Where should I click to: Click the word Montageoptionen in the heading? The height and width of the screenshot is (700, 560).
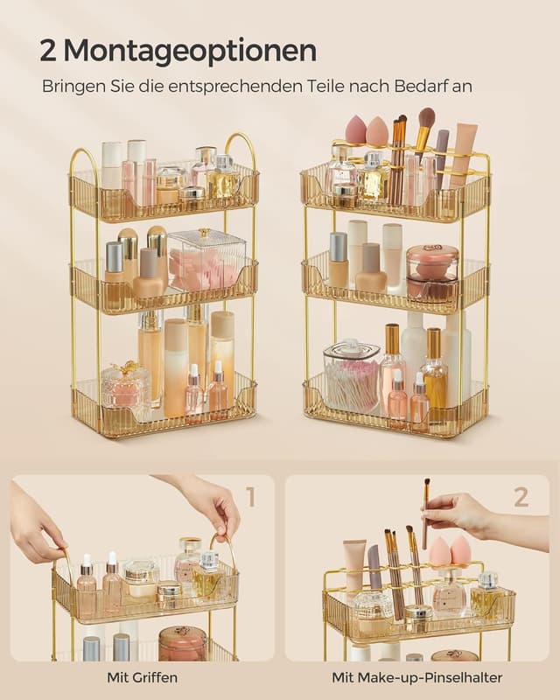(x=190, y=51)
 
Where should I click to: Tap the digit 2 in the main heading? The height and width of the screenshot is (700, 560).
(x=49, y=51)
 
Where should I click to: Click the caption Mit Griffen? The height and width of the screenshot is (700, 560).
(x=143, y=676)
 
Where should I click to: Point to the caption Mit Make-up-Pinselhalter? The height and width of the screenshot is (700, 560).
(x=418, y=676)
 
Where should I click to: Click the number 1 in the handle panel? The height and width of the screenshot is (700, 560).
(x=250, y=498)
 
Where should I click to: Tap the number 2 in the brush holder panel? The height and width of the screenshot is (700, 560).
(x=521, y=498)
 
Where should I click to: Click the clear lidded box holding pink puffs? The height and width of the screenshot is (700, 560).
(x=206, y=260)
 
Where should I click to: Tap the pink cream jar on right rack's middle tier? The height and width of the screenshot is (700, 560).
(x=432, y=272)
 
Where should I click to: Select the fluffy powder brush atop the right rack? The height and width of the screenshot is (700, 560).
(x=425, y=120)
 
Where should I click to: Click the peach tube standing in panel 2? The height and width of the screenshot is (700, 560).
(x=354, y=567)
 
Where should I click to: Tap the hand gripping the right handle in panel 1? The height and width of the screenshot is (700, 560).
(x=206, y=502)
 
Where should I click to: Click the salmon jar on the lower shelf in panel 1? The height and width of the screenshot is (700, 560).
(x=182, y=642)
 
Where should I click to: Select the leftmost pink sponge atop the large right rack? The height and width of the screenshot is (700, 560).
(x=356, y=131)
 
